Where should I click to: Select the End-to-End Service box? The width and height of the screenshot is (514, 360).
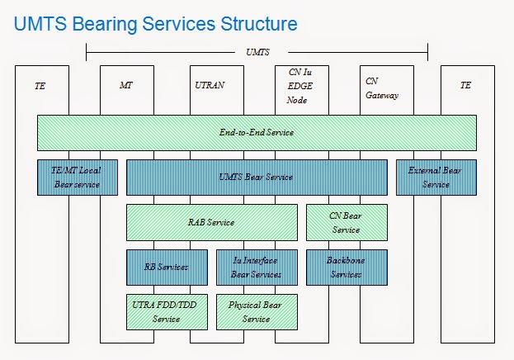pos(257,132)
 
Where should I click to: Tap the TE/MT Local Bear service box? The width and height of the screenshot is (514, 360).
pos(77,178)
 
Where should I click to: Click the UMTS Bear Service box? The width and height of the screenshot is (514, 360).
pos(257,178)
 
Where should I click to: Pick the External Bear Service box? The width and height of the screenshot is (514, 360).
pos(436,178)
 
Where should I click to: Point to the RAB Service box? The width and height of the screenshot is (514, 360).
pos(211,222)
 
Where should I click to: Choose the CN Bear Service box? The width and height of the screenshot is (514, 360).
pos(346,222)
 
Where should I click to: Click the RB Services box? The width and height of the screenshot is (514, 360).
pos(166,267)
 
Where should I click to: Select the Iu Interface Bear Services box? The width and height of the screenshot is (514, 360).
pos(257,267)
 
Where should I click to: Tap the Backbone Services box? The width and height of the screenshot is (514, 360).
pos(346,267)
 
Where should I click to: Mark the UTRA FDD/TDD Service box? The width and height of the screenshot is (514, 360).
pos(166,311)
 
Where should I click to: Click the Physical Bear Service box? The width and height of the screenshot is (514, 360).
pos(257,311)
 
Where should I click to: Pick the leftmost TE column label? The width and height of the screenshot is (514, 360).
pos(40,85)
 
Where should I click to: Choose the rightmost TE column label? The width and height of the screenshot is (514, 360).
pos(467,85)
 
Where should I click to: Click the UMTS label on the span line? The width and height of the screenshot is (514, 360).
pos(257,51)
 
